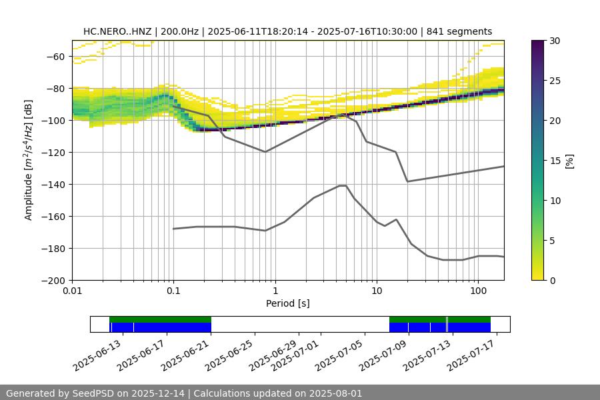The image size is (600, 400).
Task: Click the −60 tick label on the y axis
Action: click(x=54, y=57)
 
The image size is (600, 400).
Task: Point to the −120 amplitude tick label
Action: click(x=51, y=153)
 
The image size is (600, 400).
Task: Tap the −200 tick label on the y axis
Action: click(x=51, y=281)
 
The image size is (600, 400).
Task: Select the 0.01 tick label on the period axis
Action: click(x=72, y=291)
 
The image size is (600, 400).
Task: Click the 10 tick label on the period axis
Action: click(x=376, y=291)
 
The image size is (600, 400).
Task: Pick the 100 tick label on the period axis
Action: click(x=477, y=291)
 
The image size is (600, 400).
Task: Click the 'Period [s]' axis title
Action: click(x=288, y=303)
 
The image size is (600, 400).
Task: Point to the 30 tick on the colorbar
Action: click(x=555, y=41)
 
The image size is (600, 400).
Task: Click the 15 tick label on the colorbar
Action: click(x=555, y=161)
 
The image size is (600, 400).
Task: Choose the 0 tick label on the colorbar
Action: click(x=553, y=281)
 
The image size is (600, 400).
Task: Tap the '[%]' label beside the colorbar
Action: click(x=569, y=161)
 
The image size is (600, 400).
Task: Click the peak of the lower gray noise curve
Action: click(x=343, y=185)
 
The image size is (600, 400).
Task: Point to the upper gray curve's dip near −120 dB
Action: click(x=265, y=151)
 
